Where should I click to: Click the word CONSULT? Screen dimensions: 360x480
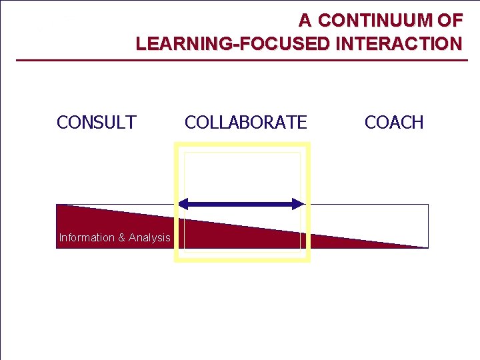coord(97,123)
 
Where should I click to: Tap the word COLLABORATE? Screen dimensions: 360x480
coord(245,123)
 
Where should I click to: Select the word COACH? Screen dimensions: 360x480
coord(394,123)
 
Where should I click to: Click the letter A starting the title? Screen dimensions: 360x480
coord(305,21)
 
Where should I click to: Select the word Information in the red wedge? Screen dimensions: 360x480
coord(86,237)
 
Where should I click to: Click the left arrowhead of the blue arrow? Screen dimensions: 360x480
coord(184,204)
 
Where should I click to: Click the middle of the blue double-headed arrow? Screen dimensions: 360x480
coord(242,204)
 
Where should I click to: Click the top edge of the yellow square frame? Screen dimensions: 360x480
coord(242,144)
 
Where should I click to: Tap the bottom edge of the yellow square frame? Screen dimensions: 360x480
coord(242,259)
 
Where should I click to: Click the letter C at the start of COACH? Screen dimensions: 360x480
coord(370,123)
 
